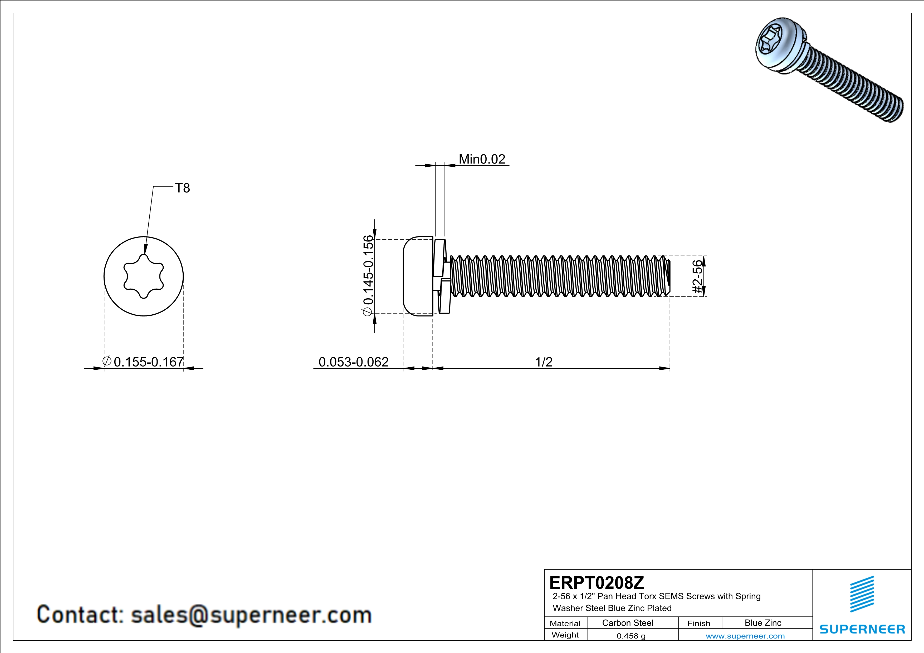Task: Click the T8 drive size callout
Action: [182, 188]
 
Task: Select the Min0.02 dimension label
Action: [482, 159]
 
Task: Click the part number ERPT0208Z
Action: [597, 583]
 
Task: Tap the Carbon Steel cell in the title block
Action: [627, 623]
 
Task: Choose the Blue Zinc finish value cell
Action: [762, 623]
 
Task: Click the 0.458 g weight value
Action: [630, 636]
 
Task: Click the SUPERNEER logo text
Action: [862, 629]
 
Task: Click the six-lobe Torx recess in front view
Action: [144, 276]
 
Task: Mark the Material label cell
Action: [565, 623]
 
